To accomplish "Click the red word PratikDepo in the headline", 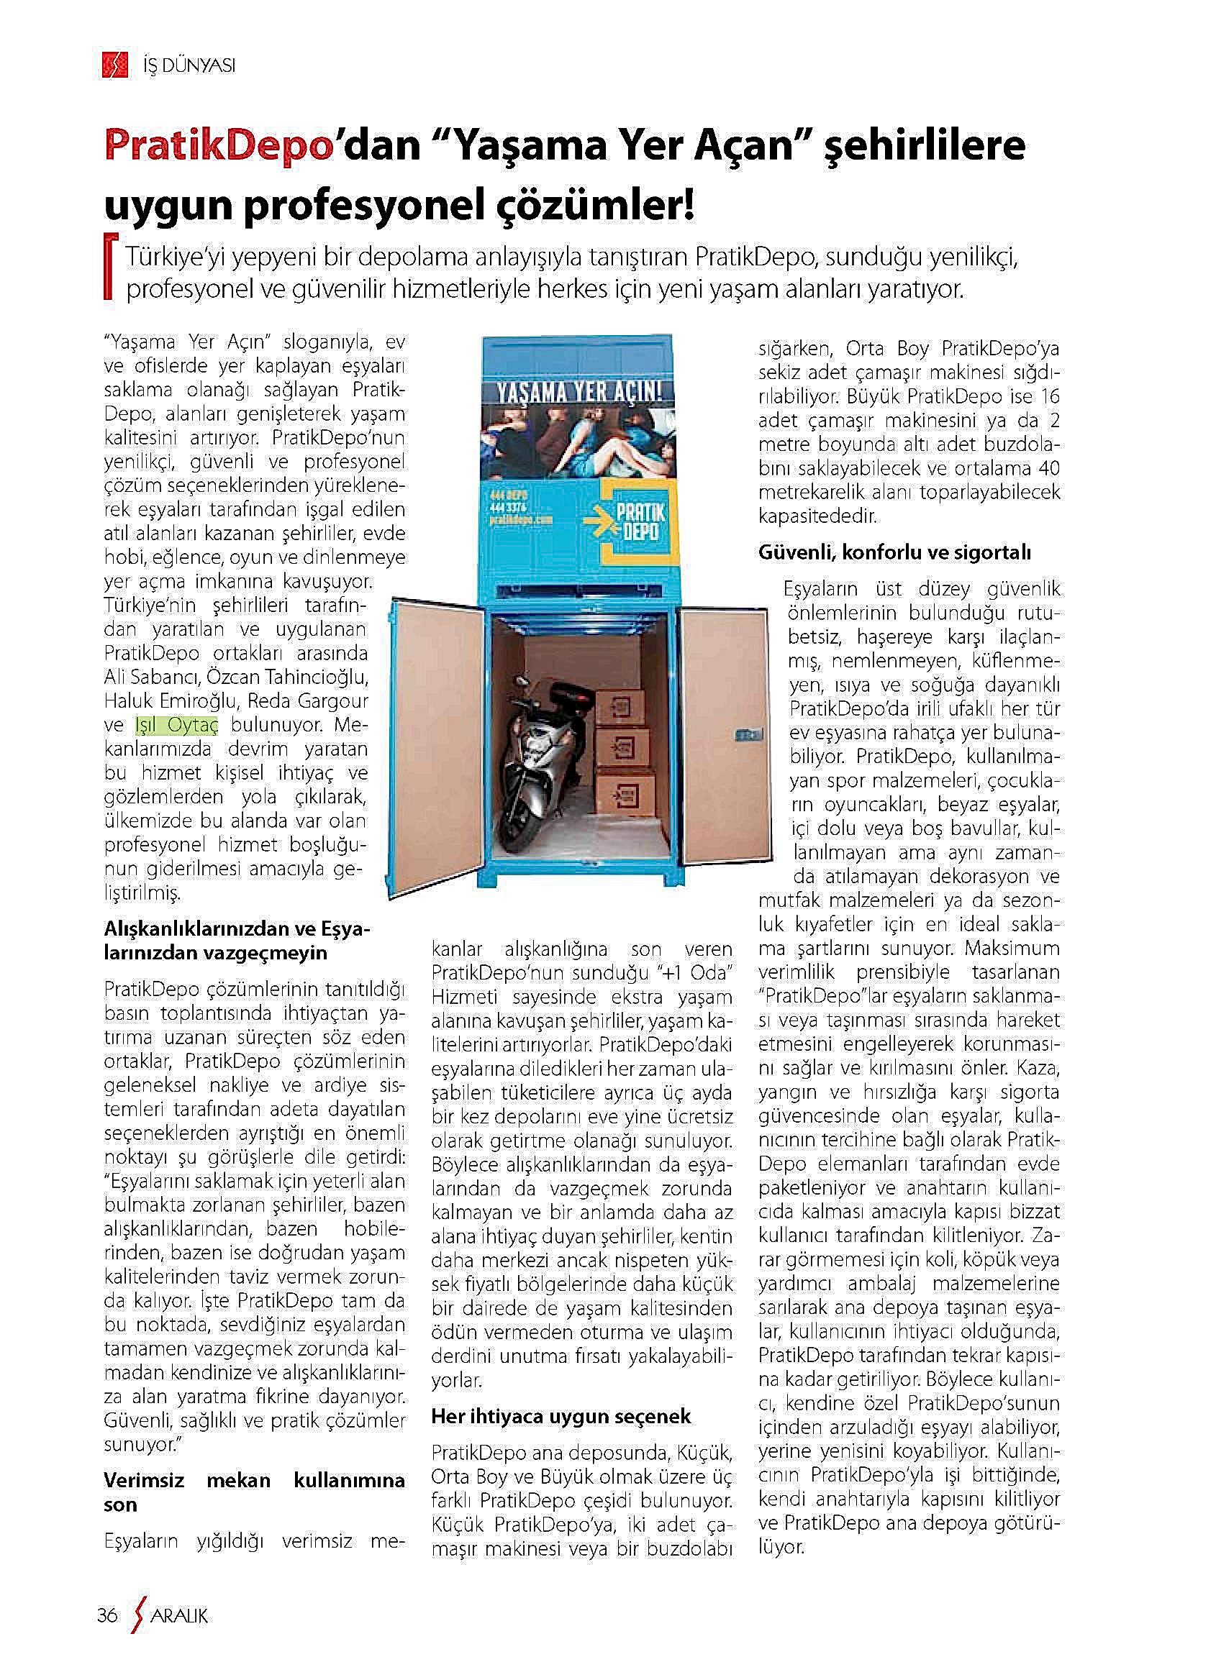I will pyautogui.click(x=217, y=147).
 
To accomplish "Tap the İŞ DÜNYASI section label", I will pyautogui.click(x=188, y=67).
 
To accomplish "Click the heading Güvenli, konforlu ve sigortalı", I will pyautogui.click(x=894, y=552).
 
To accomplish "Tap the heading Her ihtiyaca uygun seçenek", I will pyautogui.click(x=561, y=1416).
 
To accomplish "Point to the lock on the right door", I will pyautogui.click(x=745, y=735).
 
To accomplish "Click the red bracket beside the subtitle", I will pyautogui.click(x=110, y=268).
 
